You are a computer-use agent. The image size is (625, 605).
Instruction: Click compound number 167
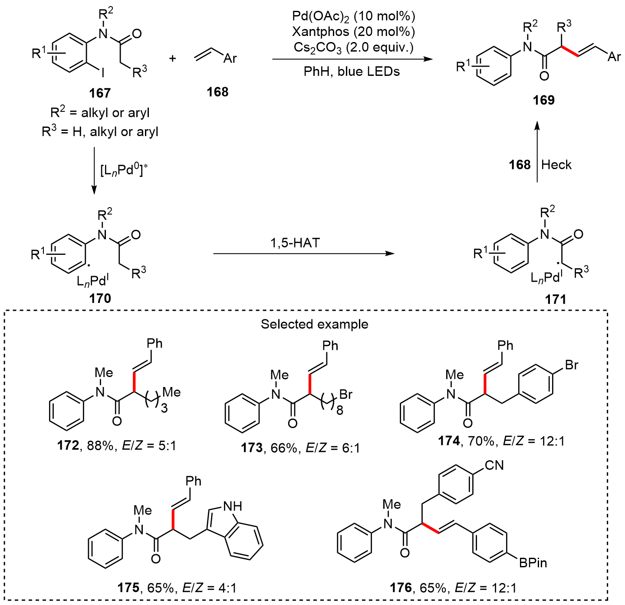[100, 93]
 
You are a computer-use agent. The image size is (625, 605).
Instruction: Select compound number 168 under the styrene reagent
[217, 92]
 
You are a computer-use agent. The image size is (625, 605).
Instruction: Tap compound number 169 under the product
[544, 100]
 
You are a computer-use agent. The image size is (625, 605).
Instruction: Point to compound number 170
[100, 298]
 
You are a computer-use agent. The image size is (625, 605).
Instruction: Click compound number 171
[556, 299]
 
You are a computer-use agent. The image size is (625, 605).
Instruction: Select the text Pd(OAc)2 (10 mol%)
[353, 16]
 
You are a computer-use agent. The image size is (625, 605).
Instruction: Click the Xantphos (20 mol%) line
[353, 32]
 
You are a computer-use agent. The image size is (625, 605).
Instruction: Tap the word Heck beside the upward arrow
[556, 165]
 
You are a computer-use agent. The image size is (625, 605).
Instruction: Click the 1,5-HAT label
[295, 243]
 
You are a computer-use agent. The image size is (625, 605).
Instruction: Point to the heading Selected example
[314, 324]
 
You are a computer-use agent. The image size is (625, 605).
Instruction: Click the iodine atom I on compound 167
[102, 74]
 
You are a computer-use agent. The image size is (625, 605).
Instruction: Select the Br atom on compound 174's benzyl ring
[572, 365]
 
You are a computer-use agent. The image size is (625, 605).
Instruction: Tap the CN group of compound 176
[494, 465]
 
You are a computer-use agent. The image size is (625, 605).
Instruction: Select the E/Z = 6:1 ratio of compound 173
[332, 448]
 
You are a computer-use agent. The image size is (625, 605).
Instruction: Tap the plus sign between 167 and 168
[173, 58]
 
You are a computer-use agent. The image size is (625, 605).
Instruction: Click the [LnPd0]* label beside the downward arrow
[124, 170]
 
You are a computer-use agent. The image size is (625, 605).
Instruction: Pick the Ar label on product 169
[614, 57]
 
